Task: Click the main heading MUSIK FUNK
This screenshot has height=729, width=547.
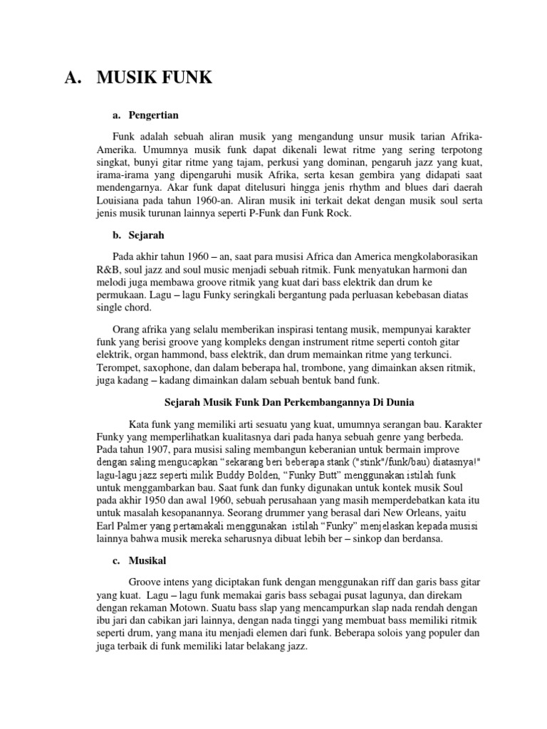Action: pos(155,78)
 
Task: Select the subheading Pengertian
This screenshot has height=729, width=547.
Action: pos(154,115)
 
